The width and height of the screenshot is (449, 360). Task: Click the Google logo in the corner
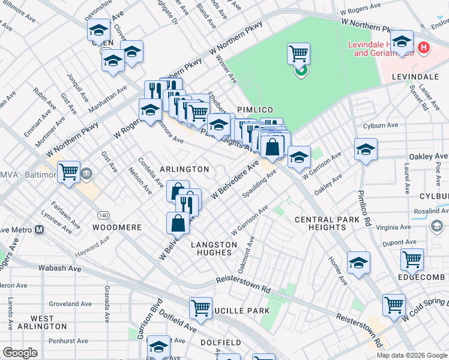[20, 353]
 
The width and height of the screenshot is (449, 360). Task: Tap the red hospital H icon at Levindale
[424, 47]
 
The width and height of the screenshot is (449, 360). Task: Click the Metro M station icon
[40, 230]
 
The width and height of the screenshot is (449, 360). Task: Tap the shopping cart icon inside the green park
[298, 55]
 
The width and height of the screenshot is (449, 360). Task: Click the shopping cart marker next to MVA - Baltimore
[69, 172]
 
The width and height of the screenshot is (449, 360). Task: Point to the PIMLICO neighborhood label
[255, 110]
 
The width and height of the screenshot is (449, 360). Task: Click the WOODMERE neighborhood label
[117, 228]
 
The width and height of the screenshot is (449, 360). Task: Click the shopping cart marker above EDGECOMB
[412, 259]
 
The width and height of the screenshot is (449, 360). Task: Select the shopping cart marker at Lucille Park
[200, 308]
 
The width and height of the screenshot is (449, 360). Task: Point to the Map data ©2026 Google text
[411, 355]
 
